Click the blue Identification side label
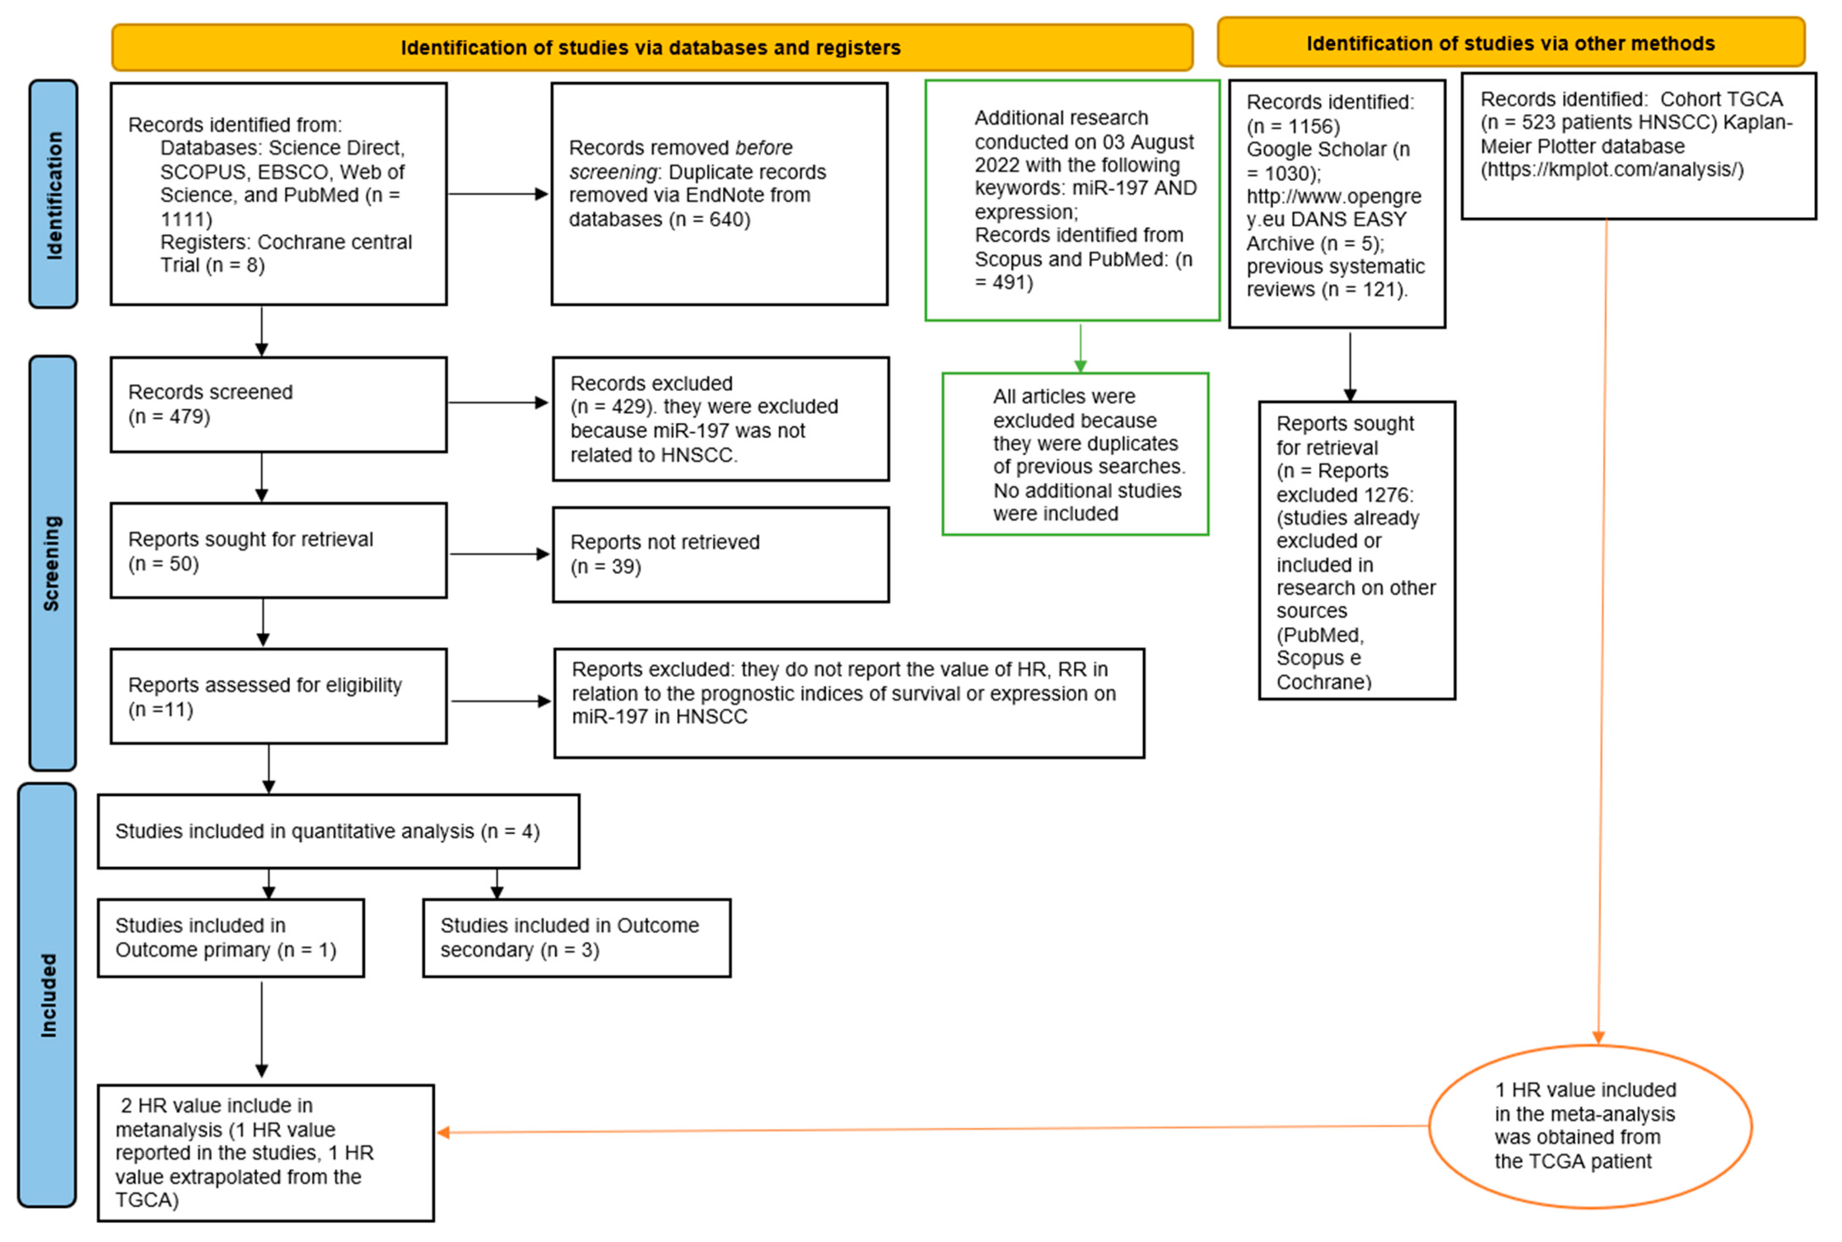click(x=53, y=194)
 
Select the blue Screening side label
click(x=52, y=563)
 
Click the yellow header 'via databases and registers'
click(x=651, y=48)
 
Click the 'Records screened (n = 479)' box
click(x=278, y=405)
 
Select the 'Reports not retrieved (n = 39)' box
click(x=720, y=554)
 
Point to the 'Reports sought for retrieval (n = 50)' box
click(x=278, y=551)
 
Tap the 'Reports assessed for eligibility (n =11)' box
click(x=278, y=696)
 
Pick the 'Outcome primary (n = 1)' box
click(x=231, y=938)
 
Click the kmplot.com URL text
click(x=1612, y=170)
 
